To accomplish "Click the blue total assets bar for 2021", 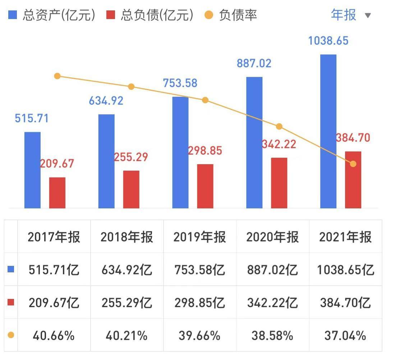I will point(328,131).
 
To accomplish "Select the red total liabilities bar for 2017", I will point(57,193).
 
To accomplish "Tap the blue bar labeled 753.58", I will point(180,152).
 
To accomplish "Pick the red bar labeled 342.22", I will point(279,183).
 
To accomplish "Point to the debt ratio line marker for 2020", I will point(279,126).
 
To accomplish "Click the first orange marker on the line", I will point(57,76).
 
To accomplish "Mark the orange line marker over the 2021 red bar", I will point(353,164).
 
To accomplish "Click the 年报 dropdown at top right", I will point(350,15).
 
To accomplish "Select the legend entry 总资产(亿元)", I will point(52,15).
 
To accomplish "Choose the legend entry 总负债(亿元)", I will point(151,15).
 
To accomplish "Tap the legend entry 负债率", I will point(232,15).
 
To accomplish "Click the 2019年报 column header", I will point(199,237).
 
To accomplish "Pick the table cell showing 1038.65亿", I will point(345,270).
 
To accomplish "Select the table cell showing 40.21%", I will point(127,336).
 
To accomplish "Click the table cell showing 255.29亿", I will point(127,303).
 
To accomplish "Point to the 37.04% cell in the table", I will point(345,336).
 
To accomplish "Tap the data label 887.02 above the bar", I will point(254,63).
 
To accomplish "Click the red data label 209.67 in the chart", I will point(57,163).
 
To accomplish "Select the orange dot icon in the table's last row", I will point(11,335).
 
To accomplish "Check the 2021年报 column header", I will point(345,237).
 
